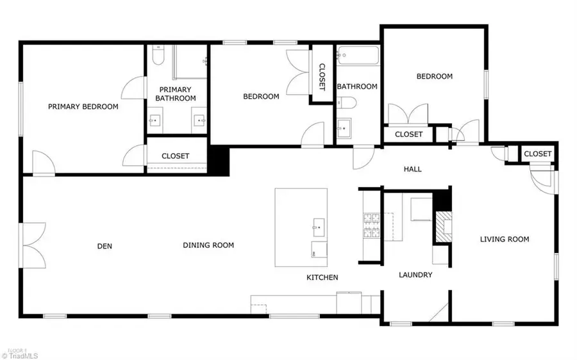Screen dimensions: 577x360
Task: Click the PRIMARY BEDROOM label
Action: [83, 106]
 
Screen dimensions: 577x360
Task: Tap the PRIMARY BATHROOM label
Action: [176, 94]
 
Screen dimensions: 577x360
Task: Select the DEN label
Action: [105, 246]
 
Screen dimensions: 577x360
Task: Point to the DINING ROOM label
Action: [208, 245]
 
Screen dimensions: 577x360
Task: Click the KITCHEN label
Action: [322, 277]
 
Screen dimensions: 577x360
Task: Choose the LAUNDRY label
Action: [415, 275]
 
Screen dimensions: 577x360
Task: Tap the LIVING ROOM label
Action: [505, 239]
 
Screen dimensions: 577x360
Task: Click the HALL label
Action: [412, 169]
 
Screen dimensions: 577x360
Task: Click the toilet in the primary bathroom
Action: [158, 55]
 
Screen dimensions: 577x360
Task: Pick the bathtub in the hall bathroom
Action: [358, 56]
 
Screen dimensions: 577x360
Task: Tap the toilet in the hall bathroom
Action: [347, 102]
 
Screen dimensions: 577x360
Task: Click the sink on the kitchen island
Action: [319, 227]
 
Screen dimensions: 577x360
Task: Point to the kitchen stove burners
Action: [372, 225]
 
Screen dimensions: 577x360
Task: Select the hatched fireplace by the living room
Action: [444, 227]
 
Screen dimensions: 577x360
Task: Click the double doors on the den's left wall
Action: [34, 245]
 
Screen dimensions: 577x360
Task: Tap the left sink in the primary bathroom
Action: [155, 120]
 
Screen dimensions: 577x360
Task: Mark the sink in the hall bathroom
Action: [344, 128]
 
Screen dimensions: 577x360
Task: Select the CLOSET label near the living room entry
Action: [538, 154]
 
